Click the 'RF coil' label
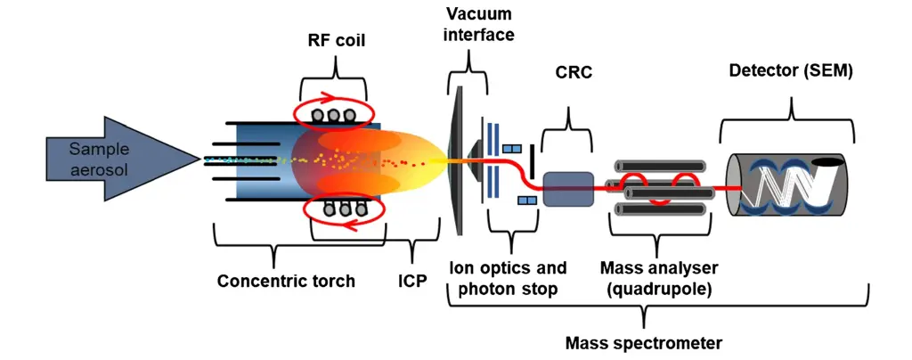[336, 40]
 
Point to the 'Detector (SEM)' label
[791, 70]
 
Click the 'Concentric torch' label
[286, 282]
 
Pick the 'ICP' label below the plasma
[412, 282]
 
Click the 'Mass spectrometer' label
[644, 342]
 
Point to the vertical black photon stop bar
[533, 160]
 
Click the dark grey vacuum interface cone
[460, 160]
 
